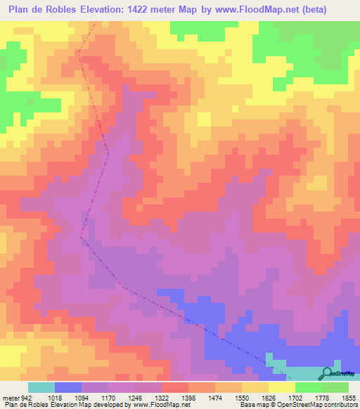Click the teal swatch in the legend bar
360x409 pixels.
(41, 388)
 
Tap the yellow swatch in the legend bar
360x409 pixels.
(282, 388)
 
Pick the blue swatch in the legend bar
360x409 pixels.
(68, 388)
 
